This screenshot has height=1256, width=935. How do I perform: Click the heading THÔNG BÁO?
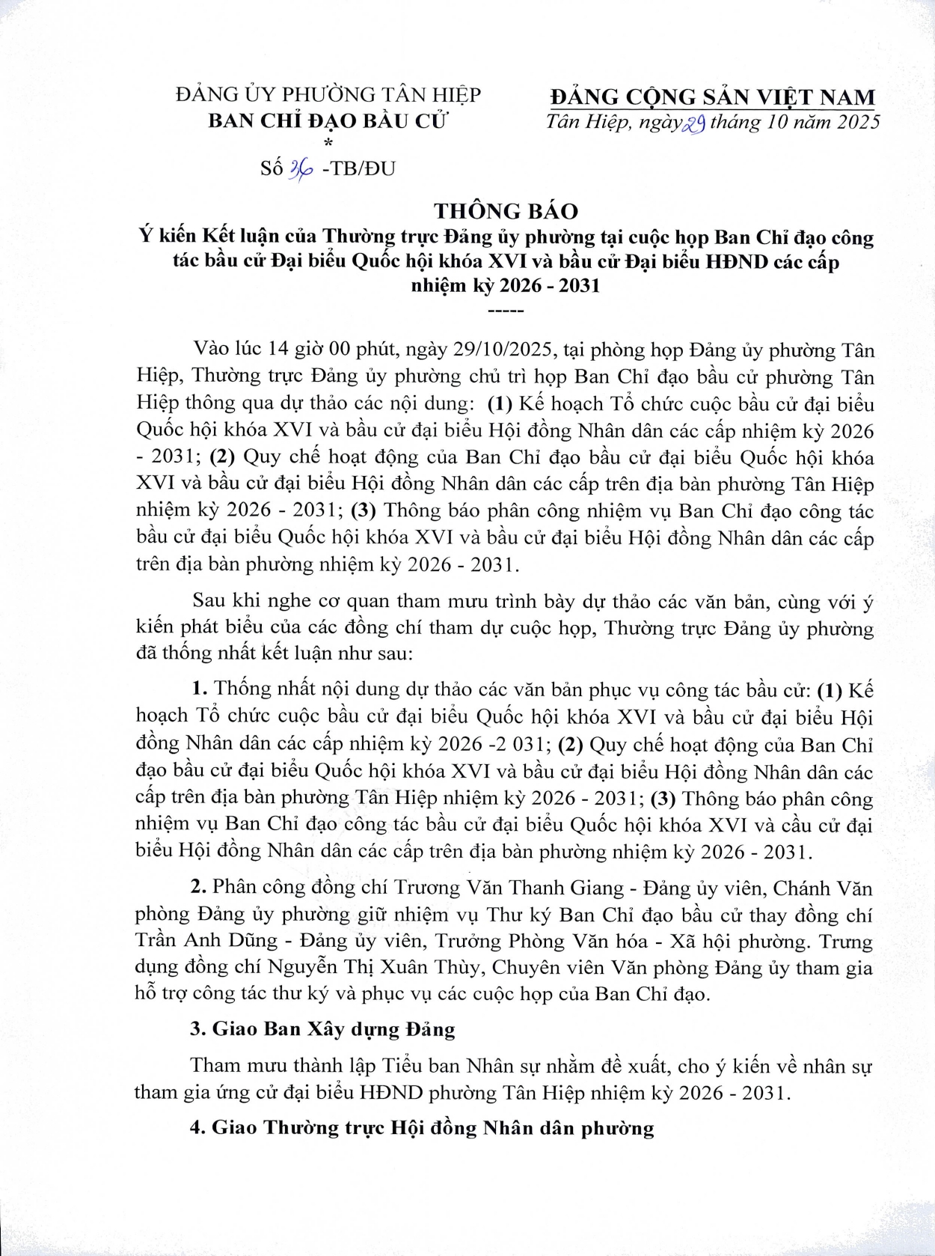(x=506, y=210)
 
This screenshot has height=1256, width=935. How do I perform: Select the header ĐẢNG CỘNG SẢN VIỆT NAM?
(x=712, y=97)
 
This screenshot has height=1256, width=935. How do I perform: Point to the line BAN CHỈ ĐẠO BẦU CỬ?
(x=327, y=121)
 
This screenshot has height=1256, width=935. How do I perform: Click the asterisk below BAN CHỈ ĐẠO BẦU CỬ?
(x=328, y=142)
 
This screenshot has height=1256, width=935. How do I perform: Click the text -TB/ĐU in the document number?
(x=358, y=169)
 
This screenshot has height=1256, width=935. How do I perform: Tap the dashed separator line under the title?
(x=505, y=309)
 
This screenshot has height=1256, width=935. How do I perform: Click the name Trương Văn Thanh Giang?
(x=509, y=888)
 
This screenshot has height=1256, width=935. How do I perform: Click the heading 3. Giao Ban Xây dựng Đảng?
(x=322, y=1029)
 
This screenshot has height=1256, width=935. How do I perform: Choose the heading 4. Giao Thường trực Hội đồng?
(x=422, y=1127)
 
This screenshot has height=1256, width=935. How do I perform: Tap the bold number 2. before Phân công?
(x=198, y=888)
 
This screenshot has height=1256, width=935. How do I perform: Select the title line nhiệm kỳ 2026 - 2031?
(x=506, y=286)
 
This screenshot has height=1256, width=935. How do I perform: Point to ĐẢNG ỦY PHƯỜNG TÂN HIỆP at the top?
(x=328, y=95)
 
